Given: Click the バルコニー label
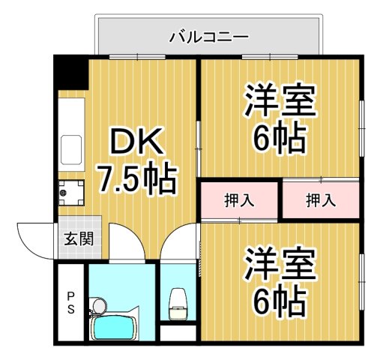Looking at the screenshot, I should pyautogui.click(x=208, y=35).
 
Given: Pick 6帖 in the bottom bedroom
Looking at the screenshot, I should pyautogui.click(x=279, y=301).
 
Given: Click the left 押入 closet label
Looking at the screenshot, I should pyautogui.click(x=238, y=200).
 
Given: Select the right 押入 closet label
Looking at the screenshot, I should pyautogui.click(x=320, y=200).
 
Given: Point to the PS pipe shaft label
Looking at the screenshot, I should pyautogui.click(x=70, y=301).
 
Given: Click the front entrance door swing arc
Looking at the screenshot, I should pyautogui.click(x=34, y=238).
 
